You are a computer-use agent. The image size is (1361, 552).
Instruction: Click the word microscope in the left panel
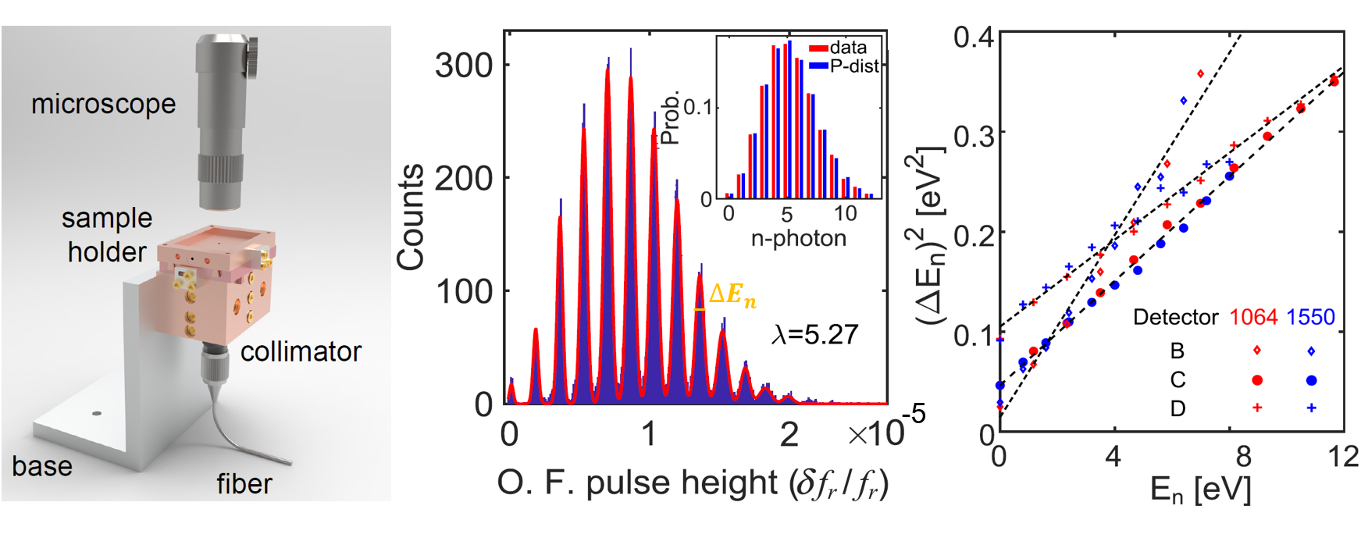(x=103, y=104)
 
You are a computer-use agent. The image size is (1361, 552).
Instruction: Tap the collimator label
(x=301, y=352)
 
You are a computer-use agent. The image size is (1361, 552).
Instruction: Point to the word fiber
(x=244, y=484)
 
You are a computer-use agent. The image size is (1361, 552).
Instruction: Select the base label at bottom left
(x=42, y=466)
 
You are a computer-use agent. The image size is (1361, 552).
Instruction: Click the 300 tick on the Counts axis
(x=464, y=66)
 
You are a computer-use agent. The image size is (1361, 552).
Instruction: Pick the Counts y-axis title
(x=411, y=217)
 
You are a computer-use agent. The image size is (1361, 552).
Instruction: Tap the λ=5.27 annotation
(x=814, y=335)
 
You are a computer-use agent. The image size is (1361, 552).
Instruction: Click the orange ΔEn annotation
(x=732, y=295)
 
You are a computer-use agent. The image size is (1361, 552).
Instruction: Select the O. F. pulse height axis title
(x=693, y=483)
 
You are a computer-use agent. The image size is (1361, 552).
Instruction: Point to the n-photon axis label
(x=798, y=238)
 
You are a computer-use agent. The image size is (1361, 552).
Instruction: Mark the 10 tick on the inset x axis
(x=845, y=214)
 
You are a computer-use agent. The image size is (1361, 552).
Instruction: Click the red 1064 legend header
(x=1252, y=317)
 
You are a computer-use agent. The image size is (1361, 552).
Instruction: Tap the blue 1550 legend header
(x=1310, y=317)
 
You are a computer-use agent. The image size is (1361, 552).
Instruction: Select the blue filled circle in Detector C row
(x=1311, y=380)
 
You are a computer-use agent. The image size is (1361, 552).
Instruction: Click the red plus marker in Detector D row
(x=1256, y=408)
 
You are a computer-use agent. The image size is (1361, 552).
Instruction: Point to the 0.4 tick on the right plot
(x=973, y=37)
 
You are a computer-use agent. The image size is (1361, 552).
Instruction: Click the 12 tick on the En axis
(x=1343, y=456)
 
